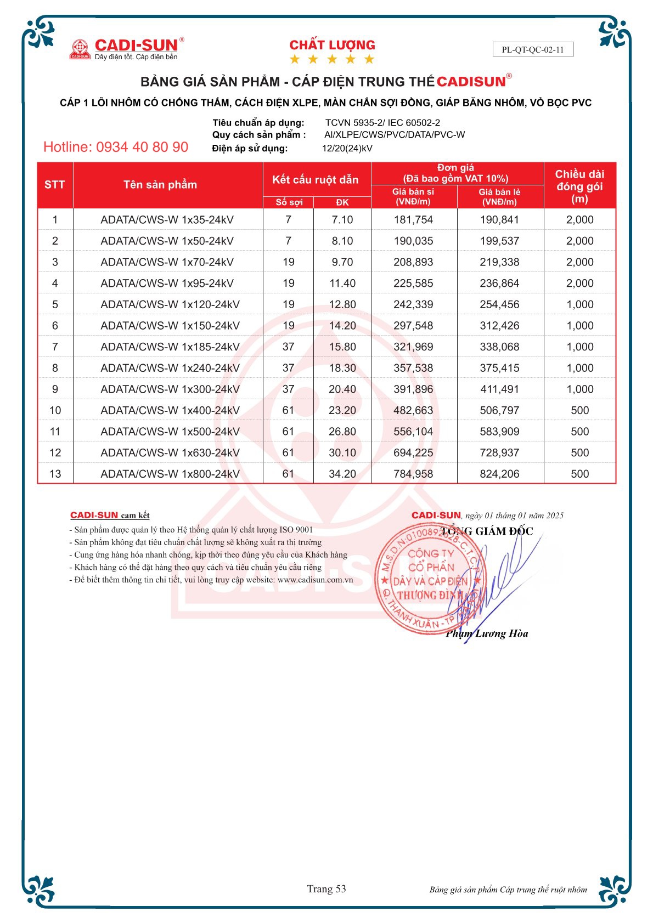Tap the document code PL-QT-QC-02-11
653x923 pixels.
click(x=532, y=49)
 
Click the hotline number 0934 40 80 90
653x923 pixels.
click(x=116, y=147)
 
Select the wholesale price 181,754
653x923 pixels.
click(x=413, y=220)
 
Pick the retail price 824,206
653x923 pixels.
click(x=499, y=474)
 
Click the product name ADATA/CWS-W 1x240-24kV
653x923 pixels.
click(x=170, y=368)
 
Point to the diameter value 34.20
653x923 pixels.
click(x=342, y=474)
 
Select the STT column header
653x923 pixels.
click(x=55, y=185)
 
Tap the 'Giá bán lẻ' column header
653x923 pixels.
click(x=499, y=196)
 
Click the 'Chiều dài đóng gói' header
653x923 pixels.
click(x=579, y=186)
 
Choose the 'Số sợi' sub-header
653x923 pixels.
click(x=289, y=202)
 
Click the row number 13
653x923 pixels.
click(x=55, y=474)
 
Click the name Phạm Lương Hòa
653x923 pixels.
click(x=487, y=634)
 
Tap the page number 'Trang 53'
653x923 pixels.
click(x=327, y=889)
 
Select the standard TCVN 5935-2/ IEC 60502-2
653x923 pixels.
click(x=382, y=123)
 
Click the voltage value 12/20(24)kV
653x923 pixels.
click(x=347, y=148)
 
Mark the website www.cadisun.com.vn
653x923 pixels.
click(x=315, y=580)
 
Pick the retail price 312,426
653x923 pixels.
click(x=499, y=326)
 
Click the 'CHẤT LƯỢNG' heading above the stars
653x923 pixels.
click(x=332, y=45)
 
